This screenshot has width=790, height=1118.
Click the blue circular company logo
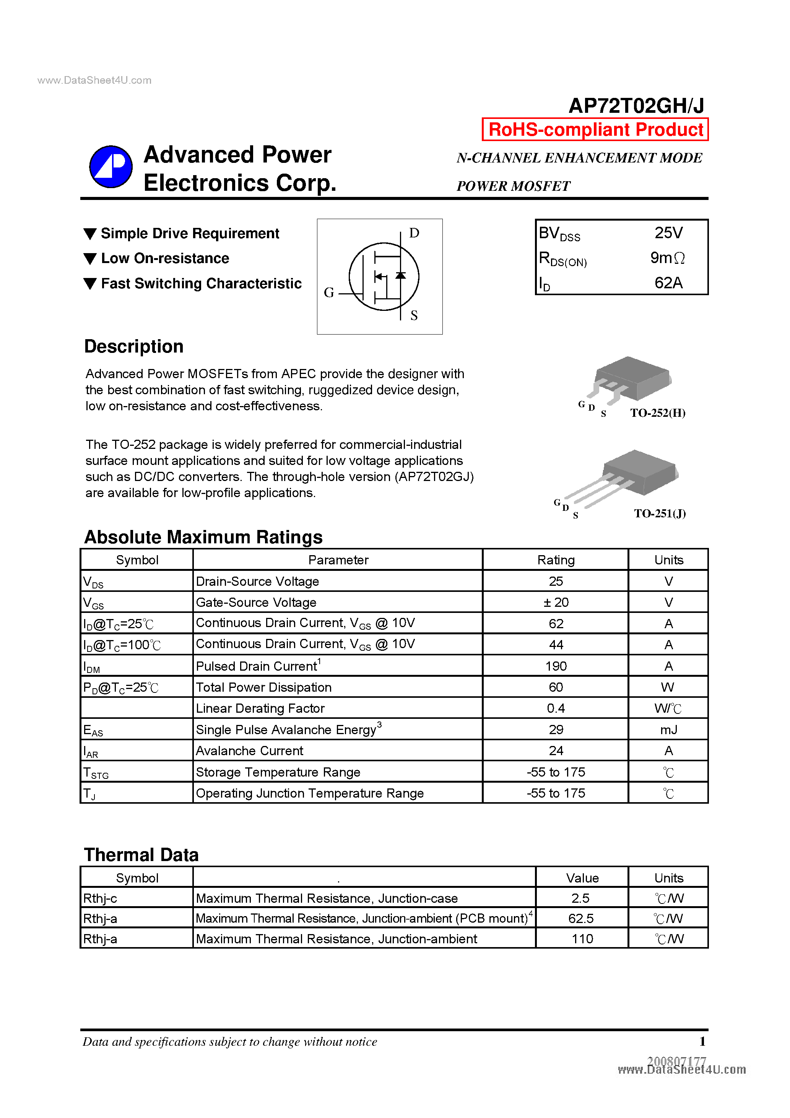coord(111,167)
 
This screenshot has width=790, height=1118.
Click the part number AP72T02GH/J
coord(636,106)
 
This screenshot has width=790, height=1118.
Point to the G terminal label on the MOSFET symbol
coord(329,292)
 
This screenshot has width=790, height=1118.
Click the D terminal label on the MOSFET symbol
coord(414,233)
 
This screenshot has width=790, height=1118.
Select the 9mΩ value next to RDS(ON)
coord(667,258)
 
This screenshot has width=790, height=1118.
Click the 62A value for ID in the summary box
coord(668,283)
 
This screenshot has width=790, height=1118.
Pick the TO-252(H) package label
coord(658,413)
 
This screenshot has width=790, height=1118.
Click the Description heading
coord(134,346)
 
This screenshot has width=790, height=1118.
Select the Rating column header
coord(556,560)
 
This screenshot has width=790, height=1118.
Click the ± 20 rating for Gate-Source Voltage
coord(556,602)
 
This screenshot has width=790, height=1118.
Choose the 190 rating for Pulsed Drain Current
coord(556,666)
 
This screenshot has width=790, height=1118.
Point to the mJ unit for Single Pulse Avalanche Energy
coord(668,730)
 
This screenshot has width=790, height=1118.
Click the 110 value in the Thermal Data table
coord(582,939)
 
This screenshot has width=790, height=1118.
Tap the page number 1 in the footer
coord(702,1042)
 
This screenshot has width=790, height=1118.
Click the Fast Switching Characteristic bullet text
coord(201,283)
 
